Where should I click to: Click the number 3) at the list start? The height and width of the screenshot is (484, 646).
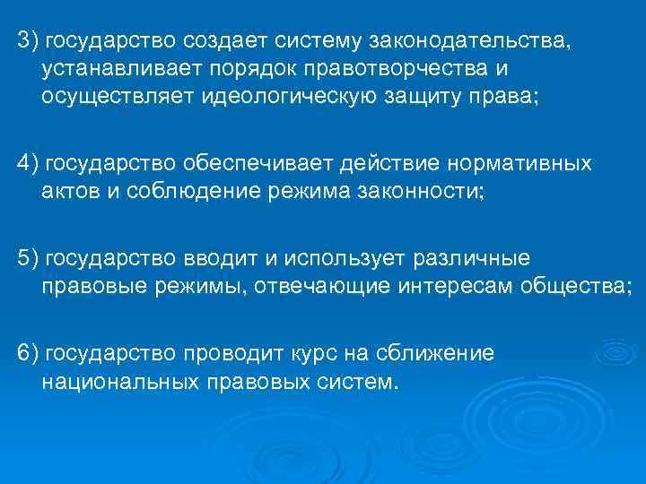click(28, 41)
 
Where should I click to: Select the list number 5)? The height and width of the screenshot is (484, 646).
click(28, 259)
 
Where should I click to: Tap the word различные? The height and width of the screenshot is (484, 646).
click(472, 259)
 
